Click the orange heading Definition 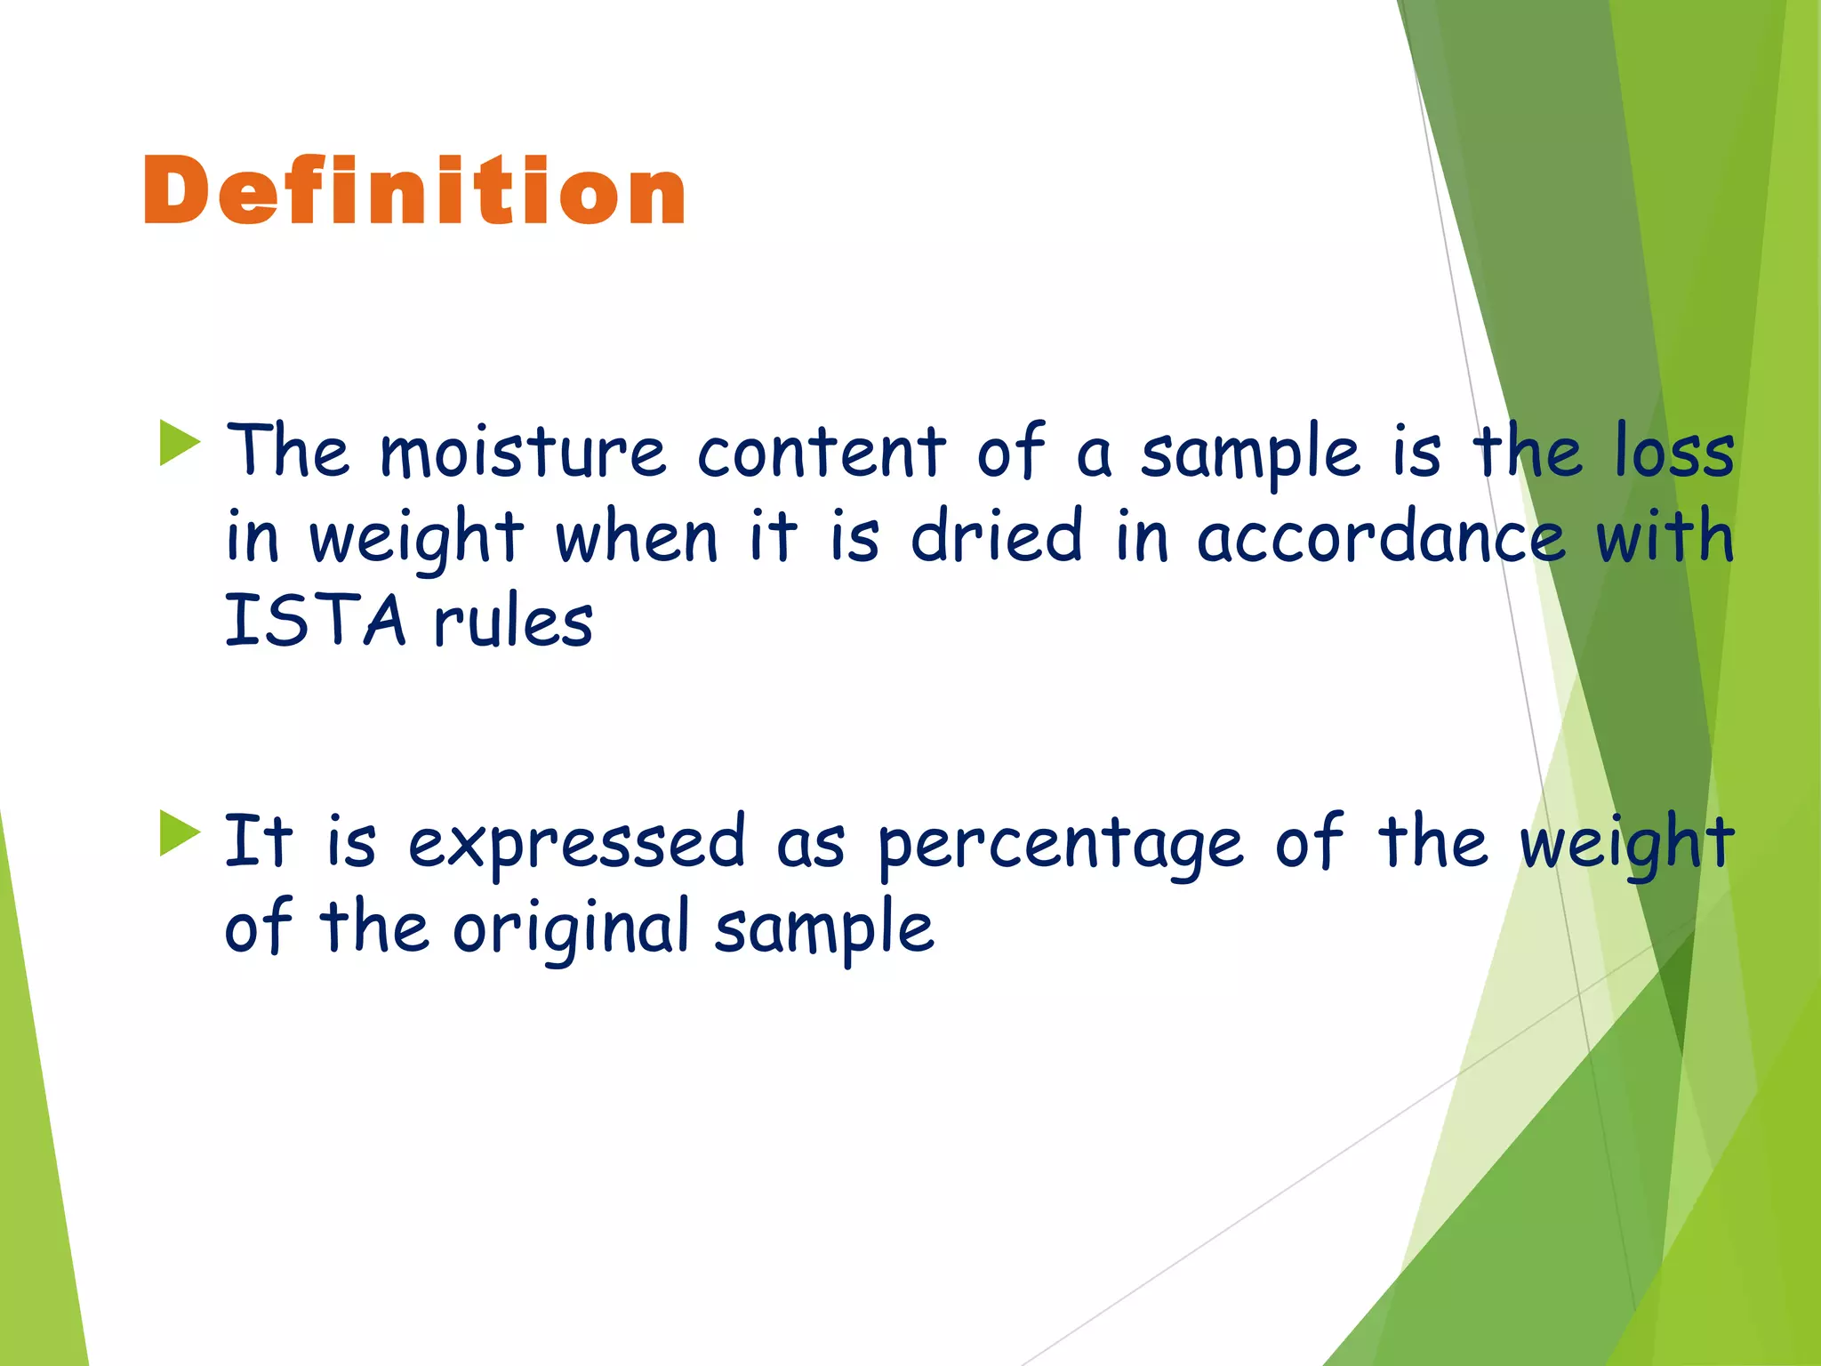[x=414, y=189]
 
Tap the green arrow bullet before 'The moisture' [x=180, y=443]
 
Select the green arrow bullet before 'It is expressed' [x=180, y=833]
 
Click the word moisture [x=522, y=451]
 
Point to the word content [x=821, y=451]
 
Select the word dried [x=997, y=536]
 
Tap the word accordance [x=1381, y=536]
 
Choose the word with [x=1665, y=536]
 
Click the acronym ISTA [x=315, y=620]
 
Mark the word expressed [x=576, y=841]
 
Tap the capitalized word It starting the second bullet [x=258, y=839]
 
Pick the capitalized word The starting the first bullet [x=287, y=449]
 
